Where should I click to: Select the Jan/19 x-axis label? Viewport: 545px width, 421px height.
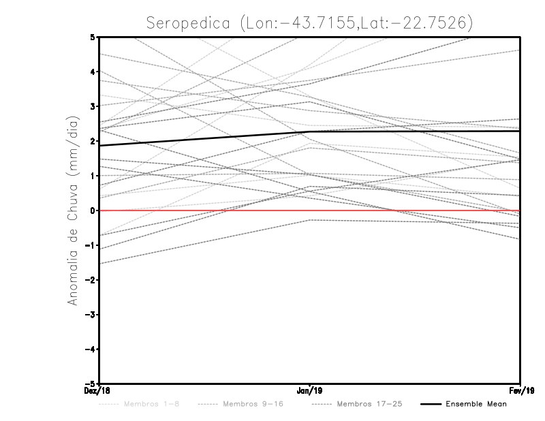(x=310, y=390)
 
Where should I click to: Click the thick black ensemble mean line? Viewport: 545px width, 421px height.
(x=204, y=138)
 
